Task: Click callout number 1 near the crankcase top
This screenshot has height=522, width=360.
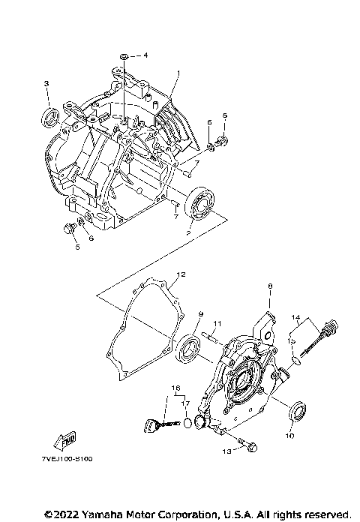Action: (x=179, y=73)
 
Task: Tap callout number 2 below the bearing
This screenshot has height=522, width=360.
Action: (x=178, y=234)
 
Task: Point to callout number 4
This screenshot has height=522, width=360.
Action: (x=145, y=55)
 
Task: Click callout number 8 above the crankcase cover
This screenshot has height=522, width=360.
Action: (x=269, y=286)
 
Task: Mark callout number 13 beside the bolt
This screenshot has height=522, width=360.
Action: (x=226, y=451)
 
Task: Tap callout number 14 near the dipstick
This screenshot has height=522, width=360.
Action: (x=295, y=318)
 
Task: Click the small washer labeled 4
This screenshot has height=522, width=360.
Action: (x=124, y=56)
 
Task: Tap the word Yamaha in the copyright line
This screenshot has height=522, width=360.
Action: (x=97, y=515)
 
